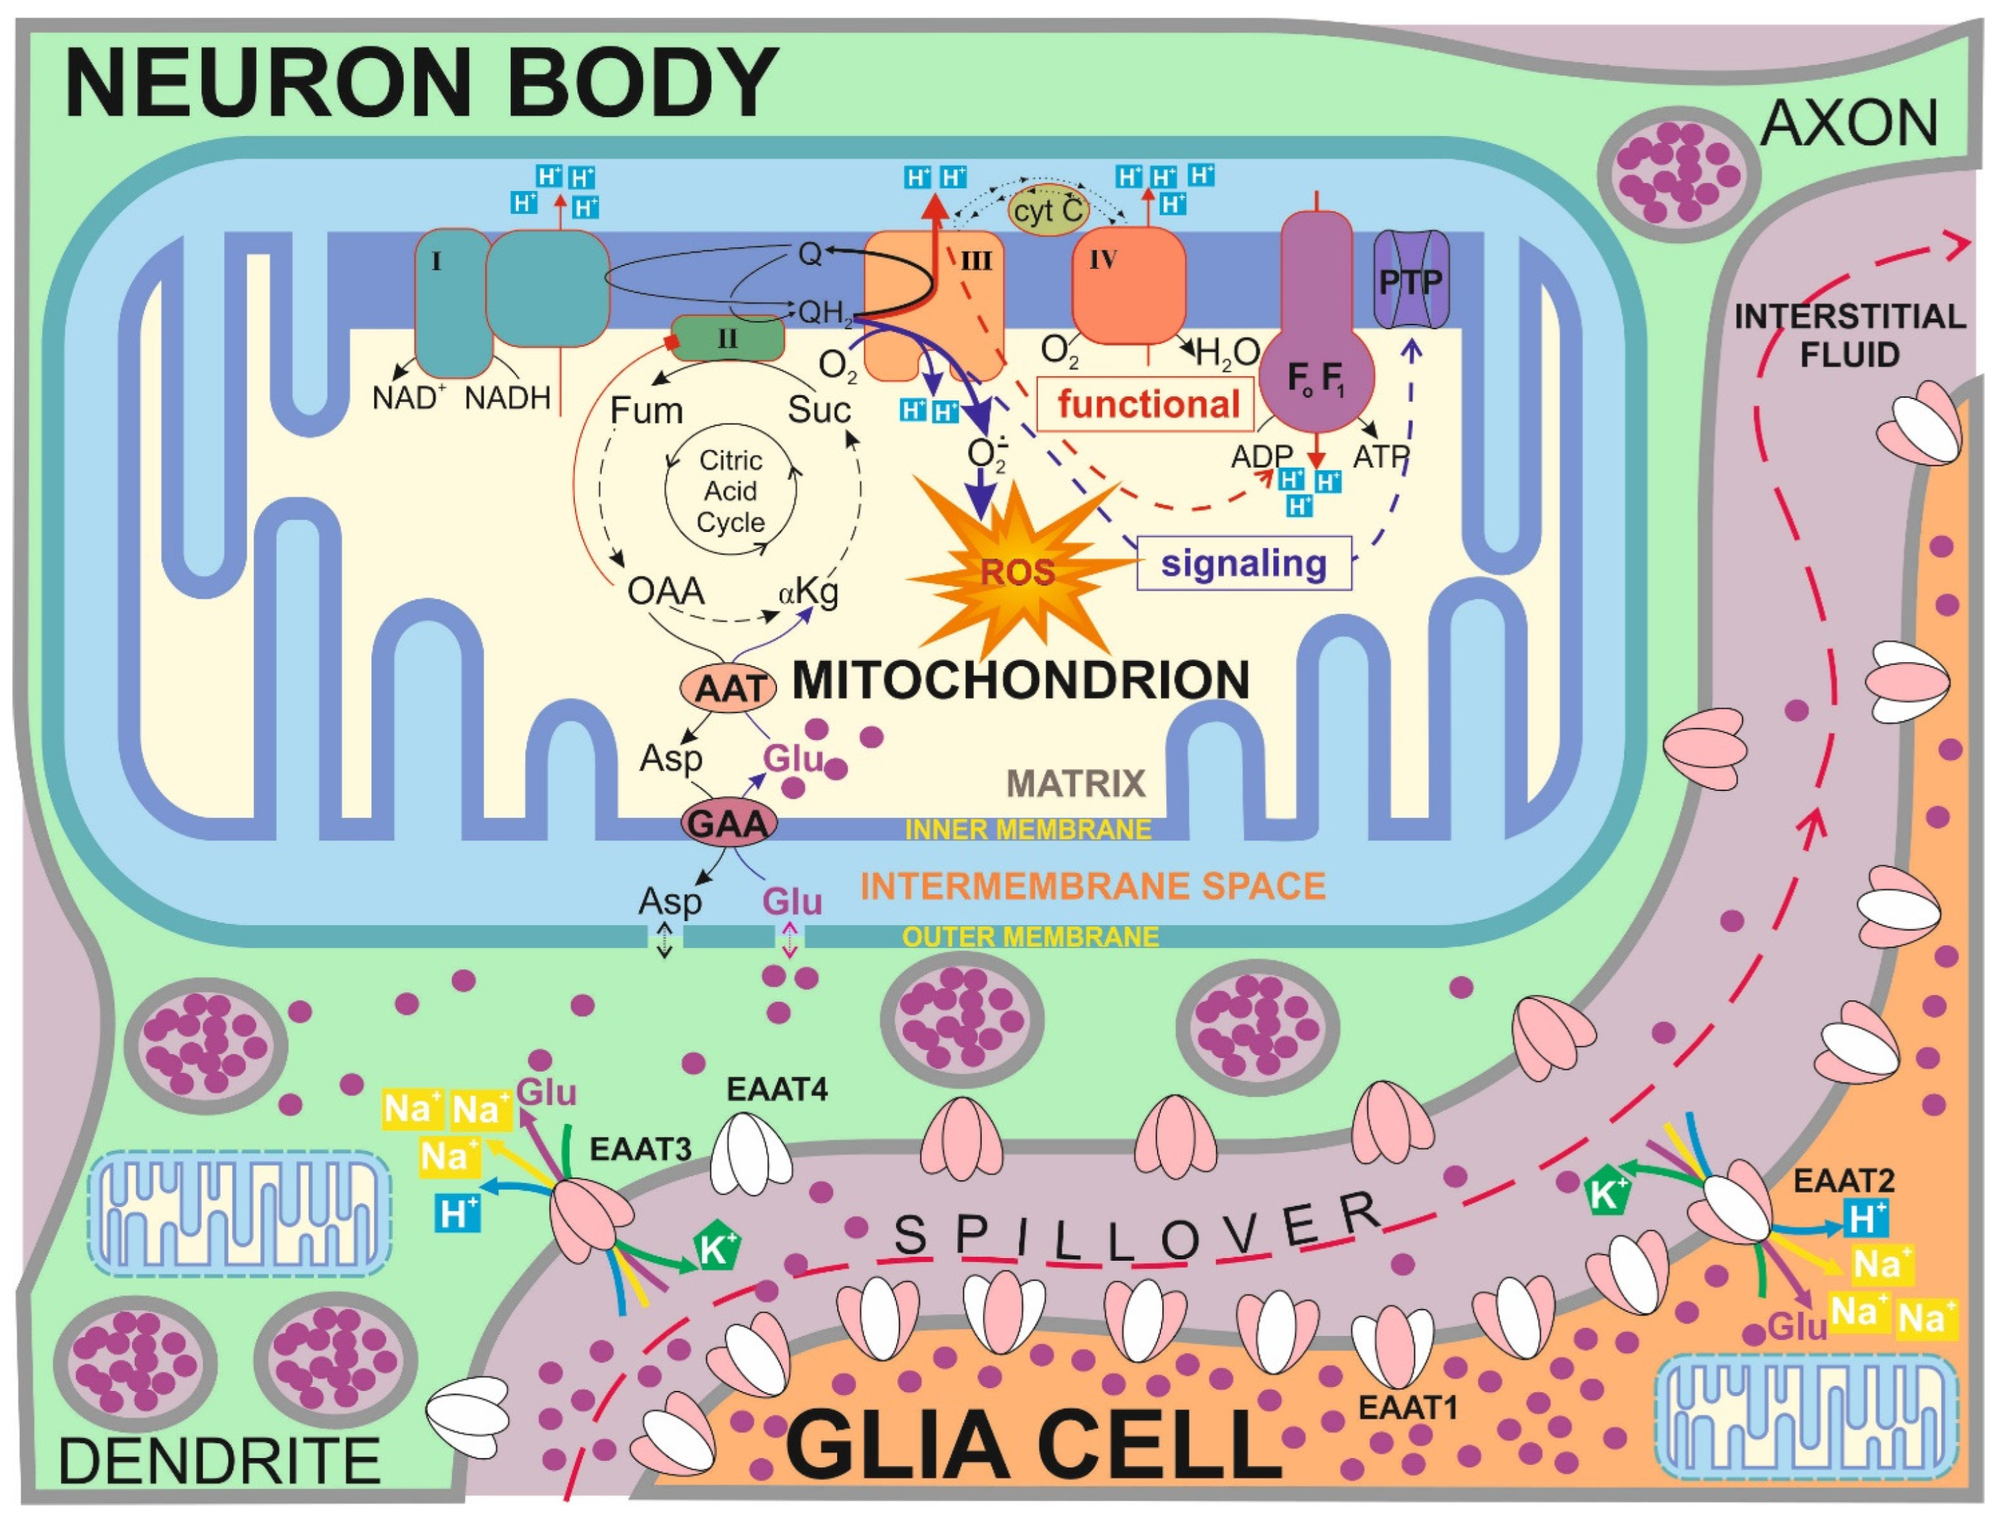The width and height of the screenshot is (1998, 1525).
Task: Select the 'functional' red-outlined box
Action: pos(1148,404)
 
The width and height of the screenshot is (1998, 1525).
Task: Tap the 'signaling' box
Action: pos(1243,564)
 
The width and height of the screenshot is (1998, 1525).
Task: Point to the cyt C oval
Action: pos(1049,211)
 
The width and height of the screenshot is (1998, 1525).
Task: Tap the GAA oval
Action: pos(729,823)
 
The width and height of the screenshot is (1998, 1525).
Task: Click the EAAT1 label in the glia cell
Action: pos(1407,1407)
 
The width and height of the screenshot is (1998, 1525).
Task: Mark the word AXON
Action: pos(1849,124)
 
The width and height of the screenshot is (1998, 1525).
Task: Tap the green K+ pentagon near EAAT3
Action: pos(716,1250)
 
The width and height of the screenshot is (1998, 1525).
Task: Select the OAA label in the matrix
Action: pos(665,592)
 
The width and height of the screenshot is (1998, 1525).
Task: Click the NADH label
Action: pos(507,398)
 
